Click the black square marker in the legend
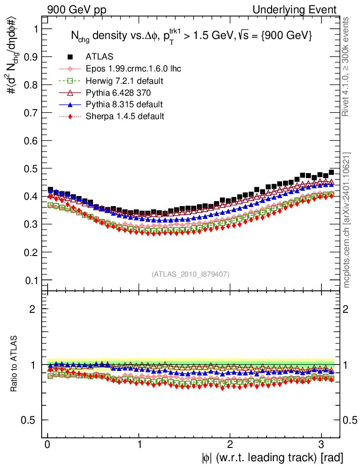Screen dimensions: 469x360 (70, 57)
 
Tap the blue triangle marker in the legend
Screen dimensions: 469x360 (70, 104)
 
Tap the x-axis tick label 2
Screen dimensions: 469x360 (230, 444)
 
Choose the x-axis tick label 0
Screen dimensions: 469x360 (48, 444)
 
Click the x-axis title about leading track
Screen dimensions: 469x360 (272, 457)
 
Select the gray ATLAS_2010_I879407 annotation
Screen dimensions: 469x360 (191, 274)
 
